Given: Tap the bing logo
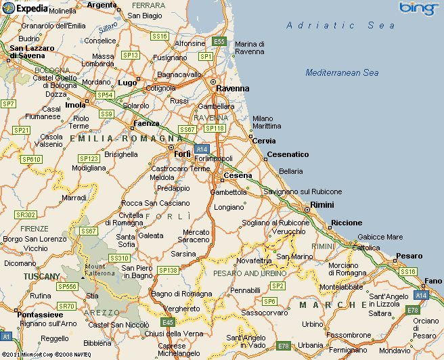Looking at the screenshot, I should (418, 8).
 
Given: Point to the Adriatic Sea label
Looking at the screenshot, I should (340, 25).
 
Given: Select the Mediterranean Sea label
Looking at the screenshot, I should (342, 72).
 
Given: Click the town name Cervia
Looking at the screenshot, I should (265, 141).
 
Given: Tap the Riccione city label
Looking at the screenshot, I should (346, 223).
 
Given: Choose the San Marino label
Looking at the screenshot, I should (294, 257).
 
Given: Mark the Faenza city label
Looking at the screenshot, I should (147, 124).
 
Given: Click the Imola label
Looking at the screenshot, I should (75, 105).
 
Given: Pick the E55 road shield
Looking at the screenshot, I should (219, 41).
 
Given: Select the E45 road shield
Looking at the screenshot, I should (169, 322).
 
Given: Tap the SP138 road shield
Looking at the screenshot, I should (167, 270).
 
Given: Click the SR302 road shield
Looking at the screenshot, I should (26, 215).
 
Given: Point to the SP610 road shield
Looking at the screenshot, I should (31, 159).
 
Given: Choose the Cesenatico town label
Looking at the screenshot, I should (288, 154).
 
